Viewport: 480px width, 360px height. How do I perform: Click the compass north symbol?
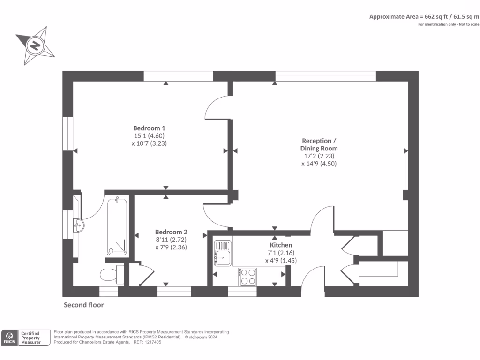click(x=35, y=46)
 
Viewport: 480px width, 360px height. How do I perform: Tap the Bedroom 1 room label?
click(x=149, y=128)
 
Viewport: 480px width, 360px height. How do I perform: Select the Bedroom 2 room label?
click(x=171, y=232)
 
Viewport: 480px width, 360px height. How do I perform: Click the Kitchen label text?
click(x=281, y=245)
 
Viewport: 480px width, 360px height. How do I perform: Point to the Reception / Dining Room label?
click(x=319, y=144)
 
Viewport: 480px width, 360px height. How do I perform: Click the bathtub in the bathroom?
click(x=117, y=228)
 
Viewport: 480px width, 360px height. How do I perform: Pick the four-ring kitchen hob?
click(x=247, y=276)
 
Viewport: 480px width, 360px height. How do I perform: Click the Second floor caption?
click(x=83, y=305)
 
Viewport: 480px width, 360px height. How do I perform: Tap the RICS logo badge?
click(x=9, y=337)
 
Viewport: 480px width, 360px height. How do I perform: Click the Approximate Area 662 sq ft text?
click(x=424, y=16)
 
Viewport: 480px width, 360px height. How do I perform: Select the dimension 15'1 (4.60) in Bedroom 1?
click(x=149, y=136)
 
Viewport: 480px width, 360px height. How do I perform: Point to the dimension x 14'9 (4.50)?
click(x=319, y=164)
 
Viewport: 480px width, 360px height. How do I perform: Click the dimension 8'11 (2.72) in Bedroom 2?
click(x=171, y=240)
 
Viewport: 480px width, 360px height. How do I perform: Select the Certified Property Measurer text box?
click(x=34, y=337)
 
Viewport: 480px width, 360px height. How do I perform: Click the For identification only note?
click(x=449, y=24)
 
